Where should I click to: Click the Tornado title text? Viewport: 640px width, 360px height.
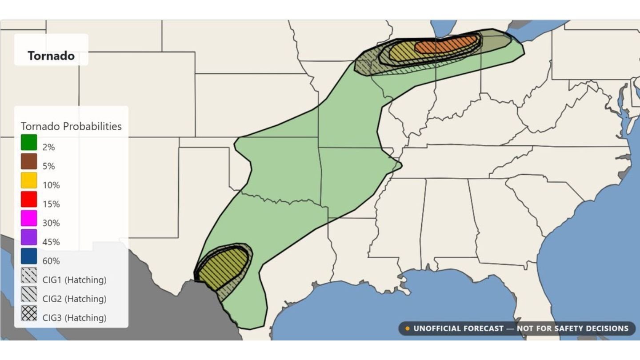pyautogui.click(x=51, y=56)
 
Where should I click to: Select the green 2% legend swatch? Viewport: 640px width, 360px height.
pyautogui.click(x=29, y=143)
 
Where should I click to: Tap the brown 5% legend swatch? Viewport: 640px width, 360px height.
pyautogui.click(x=29, y=162)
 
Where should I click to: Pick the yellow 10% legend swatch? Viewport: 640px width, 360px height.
pyautogui.click(x=29, y=181)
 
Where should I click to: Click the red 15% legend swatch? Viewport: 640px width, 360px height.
pyautogui.click(x=29, y=200)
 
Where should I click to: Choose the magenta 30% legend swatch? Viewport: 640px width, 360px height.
pyautogui.click(x=29, y=219)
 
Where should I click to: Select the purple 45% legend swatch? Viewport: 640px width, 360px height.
pyautogui.click(x=29, y=238)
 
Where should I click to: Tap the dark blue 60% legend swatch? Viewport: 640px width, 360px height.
pyautogui.click(x=29, y=256)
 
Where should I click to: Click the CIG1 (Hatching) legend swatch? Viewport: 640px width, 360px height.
pyautogui.click(x=29, y=276)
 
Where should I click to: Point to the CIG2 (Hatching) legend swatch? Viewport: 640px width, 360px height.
pyautogui.click(x=29, y=294)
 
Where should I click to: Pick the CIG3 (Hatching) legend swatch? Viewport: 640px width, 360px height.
pyautogui.click(x=29, y=313)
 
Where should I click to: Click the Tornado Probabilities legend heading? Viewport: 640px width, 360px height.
pyautogui.click(x=71, y=126)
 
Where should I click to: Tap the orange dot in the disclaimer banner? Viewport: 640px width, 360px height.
pyautogui.click(x=407, y=329)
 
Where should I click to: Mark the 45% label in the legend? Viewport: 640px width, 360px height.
pyautogui.click(x=51, y=242)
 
